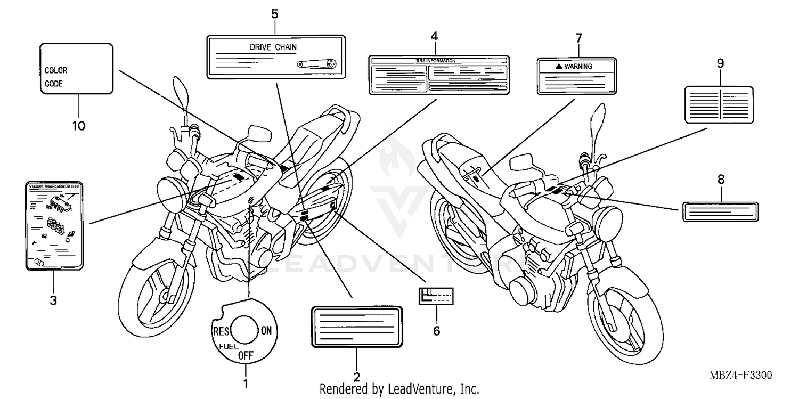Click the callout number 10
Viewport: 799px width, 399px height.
(x=78, y=126)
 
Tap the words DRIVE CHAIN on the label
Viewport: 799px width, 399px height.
(x=273, y=47)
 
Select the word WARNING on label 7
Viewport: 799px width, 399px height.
(x=578, y=66)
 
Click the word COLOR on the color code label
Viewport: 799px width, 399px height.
(x=56, y=70)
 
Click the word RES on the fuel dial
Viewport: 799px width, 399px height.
(x=221, y=331)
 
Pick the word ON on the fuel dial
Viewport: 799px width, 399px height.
(x=266, y=331)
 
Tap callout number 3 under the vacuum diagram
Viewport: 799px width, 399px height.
(x=53, y=300)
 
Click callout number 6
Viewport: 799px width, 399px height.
(x=436, y=331)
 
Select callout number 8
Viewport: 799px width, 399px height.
(x=721, y=180)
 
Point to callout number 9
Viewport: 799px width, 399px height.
(x=720, y=63)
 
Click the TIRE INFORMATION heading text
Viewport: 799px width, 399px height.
(x=435, y=61)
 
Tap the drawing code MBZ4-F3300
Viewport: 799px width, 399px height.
(x=740, y=375)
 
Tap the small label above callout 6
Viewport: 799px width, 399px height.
(x=435, y=295)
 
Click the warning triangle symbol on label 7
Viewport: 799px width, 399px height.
(x=558, y=66)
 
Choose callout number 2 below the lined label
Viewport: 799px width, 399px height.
(x=357, y=377)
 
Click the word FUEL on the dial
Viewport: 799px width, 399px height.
(x=225, y=346)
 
